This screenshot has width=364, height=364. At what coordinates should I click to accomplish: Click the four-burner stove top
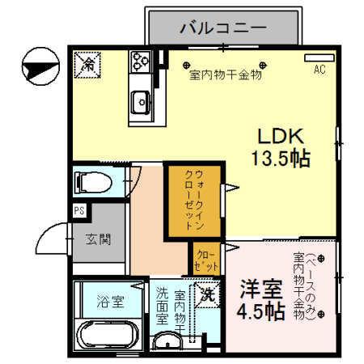pos(142,61)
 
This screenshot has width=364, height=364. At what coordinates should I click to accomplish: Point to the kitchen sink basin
pos(141,102)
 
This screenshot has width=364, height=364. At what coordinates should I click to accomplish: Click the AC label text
pos(320,70)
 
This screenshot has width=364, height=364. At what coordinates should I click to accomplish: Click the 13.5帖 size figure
pos(279,157)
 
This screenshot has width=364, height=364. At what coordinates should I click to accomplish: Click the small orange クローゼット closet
pos(206,259)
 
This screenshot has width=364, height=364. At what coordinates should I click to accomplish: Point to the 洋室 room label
pos(259,289)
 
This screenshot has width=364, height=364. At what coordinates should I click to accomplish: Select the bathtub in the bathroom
pos(110,336)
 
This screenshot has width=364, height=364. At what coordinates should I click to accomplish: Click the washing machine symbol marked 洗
pos(207,294)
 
